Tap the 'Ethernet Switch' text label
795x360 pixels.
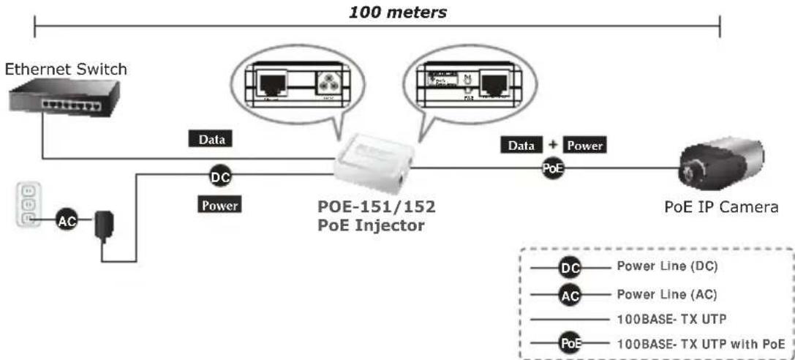click(66, 70)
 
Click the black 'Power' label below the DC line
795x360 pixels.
click(220, 206)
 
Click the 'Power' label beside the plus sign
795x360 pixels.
click(584, 145)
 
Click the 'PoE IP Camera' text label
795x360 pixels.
click(720, 207)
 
